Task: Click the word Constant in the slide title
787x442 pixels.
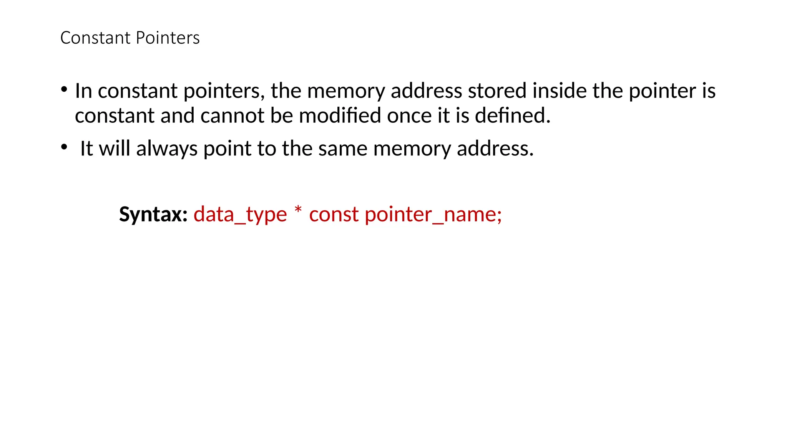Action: [x=96, y=38]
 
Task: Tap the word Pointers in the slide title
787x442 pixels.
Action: [x=168, y=38]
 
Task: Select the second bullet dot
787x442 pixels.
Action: [x=64, y=147]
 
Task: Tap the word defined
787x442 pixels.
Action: [x=513, y=115]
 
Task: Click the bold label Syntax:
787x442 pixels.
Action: [x=153, y=214]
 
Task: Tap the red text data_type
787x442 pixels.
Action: [x=240, y=214]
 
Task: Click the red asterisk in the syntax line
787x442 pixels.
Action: [x=298, y=211]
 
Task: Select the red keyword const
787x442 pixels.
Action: [x=334, y=214]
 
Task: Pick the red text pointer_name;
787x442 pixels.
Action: [x=433, y=214]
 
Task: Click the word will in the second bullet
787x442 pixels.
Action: [x=115, y=148]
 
